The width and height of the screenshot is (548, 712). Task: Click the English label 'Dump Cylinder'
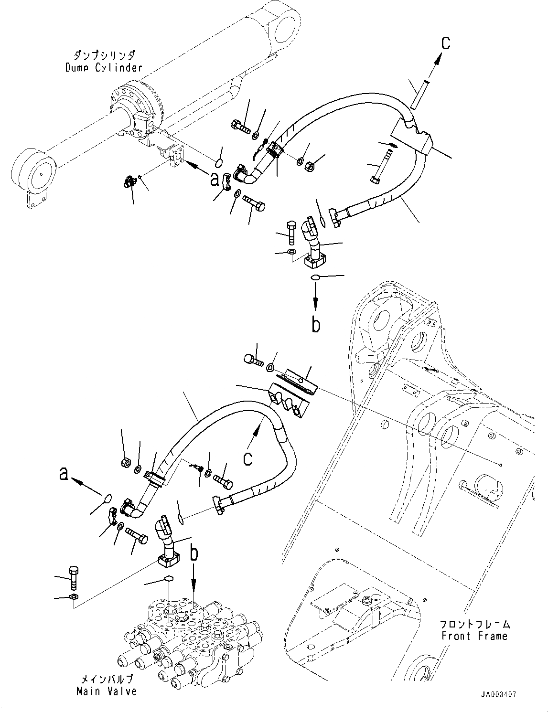[104, 67]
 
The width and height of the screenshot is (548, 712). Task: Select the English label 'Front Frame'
[474, 636]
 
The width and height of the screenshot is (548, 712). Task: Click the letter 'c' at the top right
[445, 43]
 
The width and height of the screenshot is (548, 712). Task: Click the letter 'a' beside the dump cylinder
[215, 179]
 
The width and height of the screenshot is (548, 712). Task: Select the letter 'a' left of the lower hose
[63, 474]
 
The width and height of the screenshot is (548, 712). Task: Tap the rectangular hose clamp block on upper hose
[413, 135]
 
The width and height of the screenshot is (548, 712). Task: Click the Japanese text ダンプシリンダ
[104, 55]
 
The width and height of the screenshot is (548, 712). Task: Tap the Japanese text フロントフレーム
[474, 624]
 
